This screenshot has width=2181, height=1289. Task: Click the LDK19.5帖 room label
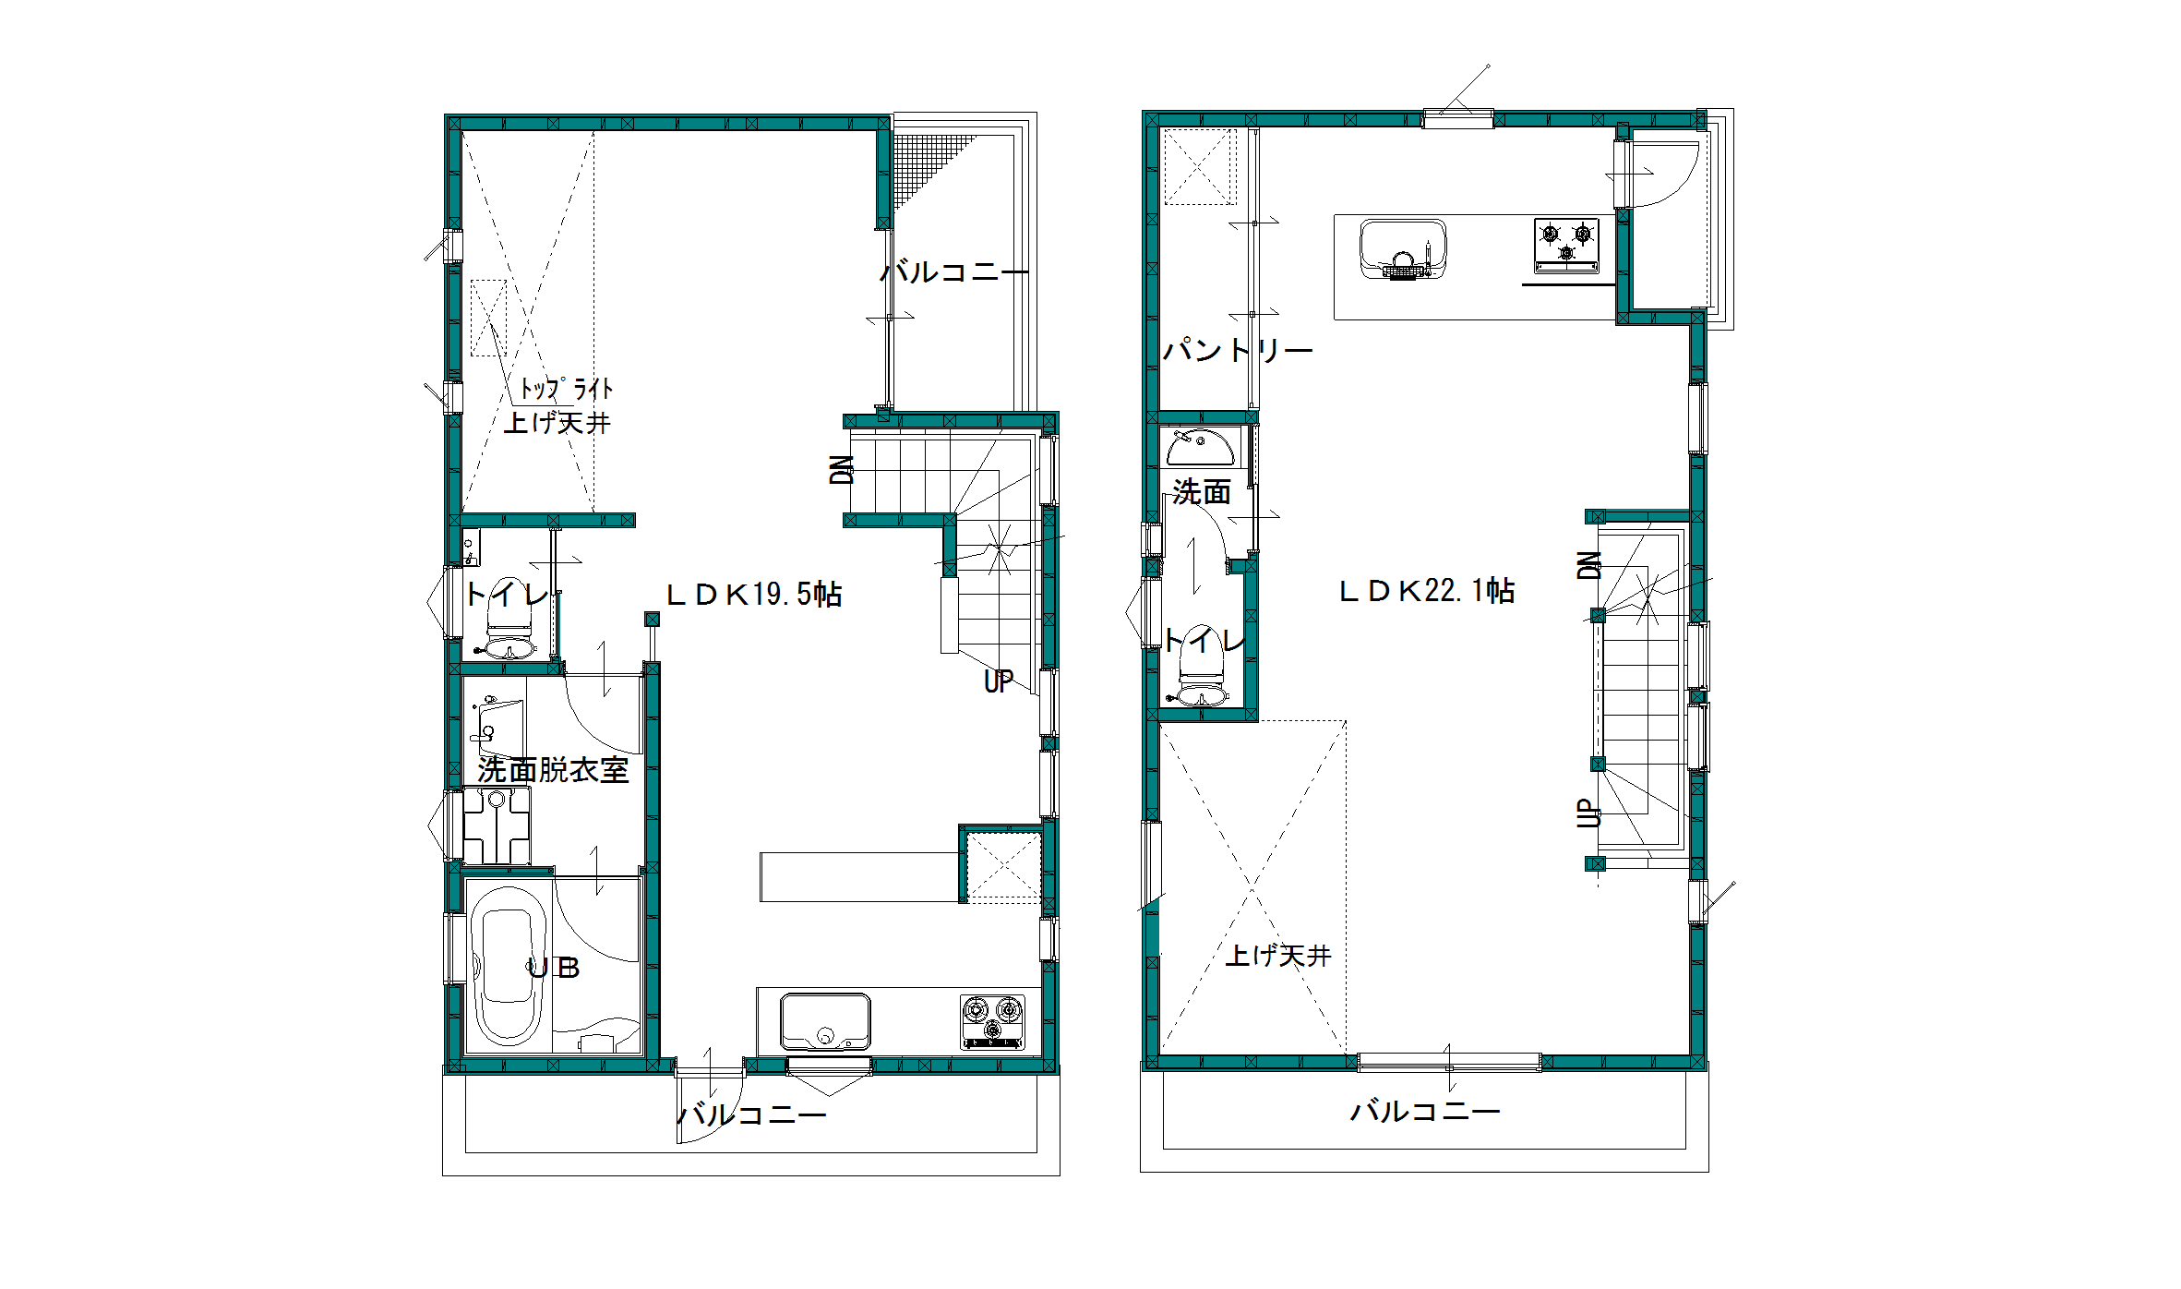[x=754, y=594]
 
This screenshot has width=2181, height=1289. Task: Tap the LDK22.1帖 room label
[x=1427, y=591]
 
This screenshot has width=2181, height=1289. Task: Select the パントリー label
[x=1237, y=350]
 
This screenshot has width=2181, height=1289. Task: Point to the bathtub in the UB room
[x=507, y=965]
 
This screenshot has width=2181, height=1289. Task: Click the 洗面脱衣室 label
[x=553, y=770]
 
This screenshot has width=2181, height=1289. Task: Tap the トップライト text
[x=566, y=389]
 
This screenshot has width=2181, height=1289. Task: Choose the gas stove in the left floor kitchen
[x=992, y=1021]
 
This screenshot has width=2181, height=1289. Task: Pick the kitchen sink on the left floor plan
[x=825, y=1021]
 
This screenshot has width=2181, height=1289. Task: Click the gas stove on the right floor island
[x=1566, y=245]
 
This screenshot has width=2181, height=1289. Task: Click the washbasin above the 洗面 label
[x=1200, y=447]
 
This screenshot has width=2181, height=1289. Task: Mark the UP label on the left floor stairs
[x=999, y=681]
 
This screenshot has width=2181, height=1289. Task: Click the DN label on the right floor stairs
[x=1588, y=564]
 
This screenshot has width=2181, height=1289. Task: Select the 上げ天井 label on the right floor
[x=1278, y=955]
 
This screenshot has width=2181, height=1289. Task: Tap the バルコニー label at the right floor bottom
[x=1425, y=1111]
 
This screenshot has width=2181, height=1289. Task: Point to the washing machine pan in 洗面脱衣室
[x=497, y=825]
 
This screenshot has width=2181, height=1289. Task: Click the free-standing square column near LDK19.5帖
[x=653, y=619]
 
